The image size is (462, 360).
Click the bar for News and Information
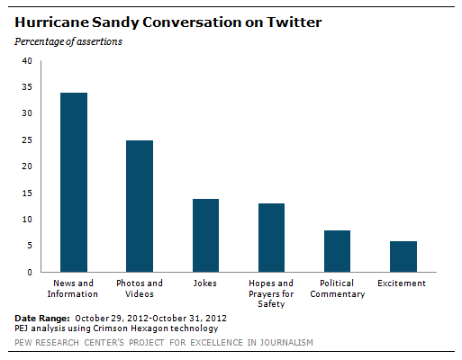[x=73, y=182]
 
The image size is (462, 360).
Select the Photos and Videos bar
[x=140, y=206]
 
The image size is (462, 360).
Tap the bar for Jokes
[x=205, y=235]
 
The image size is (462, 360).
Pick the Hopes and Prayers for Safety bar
[x=271, y=238]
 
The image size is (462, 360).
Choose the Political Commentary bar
[x=337, y=251]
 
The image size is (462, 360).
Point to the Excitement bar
[x=403, y=256]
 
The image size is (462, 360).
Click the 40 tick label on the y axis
[x=26, y=61]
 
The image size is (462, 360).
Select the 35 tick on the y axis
[x=26, y=87]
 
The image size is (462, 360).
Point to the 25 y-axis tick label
[x=26, y=140]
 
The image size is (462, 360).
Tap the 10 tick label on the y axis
[x=26, y=220]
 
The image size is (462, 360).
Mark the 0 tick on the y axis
[x=29, y=272]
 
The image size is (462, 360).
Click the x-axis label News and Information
[x=74, y=289]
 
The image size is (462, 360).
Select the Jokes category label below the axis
[x=205, y=284]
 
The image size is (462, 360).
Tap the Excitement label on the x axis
[x=403, y=284]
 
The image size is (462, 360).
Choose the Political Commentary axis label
[x=337, y=289]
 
